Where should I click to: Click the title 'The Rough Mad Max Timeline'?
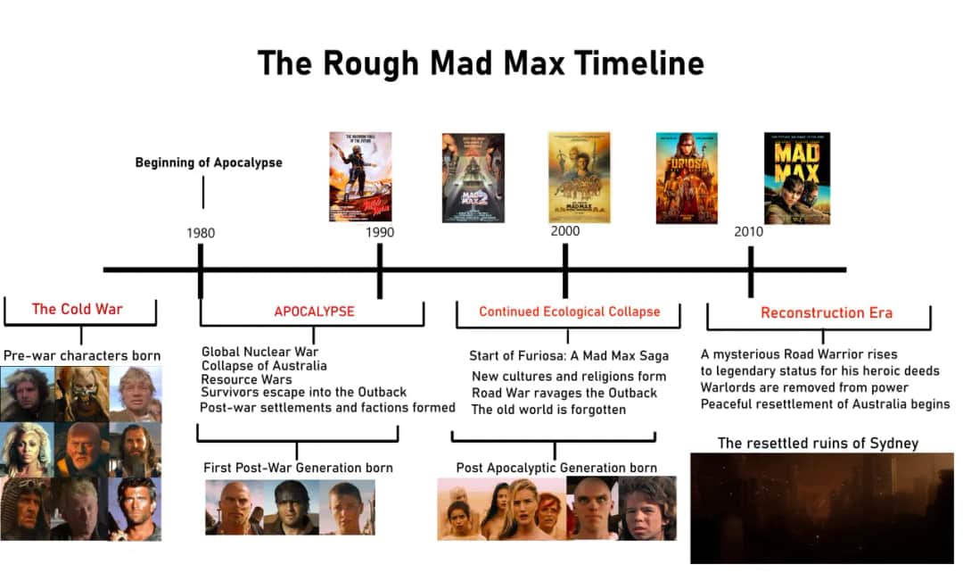click(481, 63)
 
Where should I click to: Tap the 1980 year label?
click(201, 233)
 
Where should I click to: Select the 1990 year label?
click(380, 233)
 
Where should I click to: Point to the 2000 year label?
click(564, 231)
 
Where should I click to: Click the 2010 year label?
click(749, 232)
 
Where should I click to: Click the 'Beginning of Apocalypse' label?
click(209, 162)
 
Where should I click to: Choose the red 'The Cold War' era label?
click(78, 310)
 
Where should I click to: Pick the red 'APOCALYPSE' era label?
click(314, 311)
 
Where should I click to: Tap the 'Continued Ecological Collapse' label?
click(570, 311)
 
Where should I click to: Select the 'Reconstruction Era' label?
click(827, 312)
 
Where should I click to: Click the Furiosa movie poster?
click(687, 178)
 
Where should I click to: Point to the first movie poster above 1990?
click(360, 177)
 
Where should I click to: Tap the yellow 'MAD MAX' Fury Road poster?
click(797, 178)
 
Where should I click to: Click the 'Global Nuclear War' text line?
click(259, 352)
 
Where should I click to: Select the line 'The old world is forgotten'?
click(548, 410)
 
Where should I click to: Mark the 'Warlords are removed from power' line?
click(804, 387)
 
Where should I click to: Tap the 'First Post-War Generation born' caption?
click(298, 468)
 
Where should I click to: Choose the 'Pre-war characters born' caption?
click(78, 355)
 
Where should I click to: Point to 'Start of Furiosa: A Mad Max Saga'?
click(569, 356)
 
